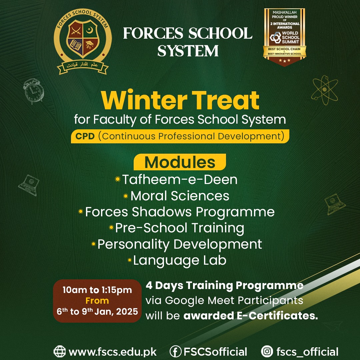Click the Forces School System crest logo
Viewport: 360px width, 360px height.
(x=83, y=42)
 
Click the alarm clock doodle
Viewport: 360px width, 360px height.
(x=33, y=91)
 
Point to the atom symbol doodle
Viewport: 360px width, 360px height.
(x=325, y=90)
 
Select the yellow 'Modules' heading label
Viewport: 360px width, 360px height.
(x=180, y=162)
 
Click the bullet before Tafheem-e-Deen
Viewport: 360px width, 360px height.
(x=118, y=179)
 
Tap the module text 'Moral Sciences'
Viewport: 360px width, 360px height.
(x=180, y=196)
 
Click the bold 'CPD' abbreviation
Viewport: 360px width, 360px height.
(x=85, y=136)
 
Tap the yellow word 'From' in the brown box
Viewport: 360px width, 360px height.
(x=97, y=301)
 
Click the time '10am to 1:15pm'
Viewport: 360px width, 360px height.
(x=97, y=290)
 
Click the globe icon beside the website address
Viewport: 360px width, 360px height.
(x=59, y=351)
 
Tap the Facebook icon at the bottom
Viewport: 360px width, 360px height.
(x=176, y=351)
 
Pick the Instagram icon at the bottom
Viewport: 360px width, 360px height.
(x=267, y=351)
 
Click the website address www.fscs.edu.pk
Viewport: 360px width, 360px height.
(x=113, y=352)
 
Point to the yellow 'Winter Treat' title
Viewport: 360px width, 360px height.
(x=180, y=100)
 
